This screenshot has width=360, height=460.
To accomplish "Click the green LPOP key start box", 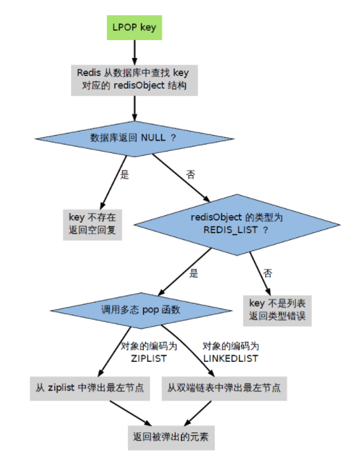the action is (134, 28).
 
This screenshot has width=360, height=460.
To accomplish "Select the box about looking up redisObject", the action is (134, 80).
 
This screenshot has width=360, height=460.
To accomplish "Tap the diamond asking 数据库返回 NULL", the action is (135, 138).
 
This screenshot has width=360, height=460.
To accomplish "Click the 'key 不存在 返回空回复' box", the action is (93, 225).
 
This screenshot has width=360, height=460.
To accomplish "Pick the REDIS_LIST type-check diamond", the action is (237, 225).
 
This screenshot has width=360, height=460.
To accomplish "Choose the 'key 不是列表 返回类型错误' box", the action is (277, 311).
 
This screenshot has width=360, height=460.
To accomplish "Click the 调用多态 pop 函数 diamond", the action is (141, 311).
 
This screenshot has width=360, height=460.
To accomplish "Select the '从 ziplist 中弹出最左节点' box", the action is (90, 389).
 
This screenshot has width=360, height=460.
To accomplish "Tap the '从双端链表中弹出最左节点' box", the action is (225, 389).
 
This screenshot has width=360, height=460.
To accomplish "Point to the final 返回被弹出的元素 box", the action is (171, 438).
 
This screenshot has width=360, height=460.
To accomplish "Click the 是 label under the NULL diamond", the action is (124, 175).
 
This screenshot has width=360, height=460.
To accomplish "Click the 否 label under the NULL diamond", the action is (191, 175).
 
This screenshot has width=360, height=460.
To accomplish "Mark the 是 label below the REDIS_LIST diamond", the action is (193, 273).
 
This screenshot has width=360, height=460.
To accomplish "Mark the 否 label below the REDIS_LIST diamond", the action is (267, 273).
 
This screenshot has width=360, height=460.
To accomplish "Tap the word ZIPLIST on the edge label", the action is (149, 358).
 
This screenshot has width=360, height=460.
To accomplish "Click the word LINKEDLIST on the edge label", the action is (231, 358).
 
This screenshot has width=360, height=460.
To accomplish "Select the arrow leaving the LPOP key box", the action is (135, 53).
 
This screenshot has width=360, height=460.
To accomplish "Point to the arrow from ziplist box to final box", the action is (131, 413).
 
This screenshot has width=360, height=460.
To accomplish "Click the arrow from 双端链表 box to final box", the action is (198, 413).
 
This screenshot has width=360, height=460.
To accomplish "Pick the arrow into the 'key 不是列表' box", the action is (260, 274).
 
